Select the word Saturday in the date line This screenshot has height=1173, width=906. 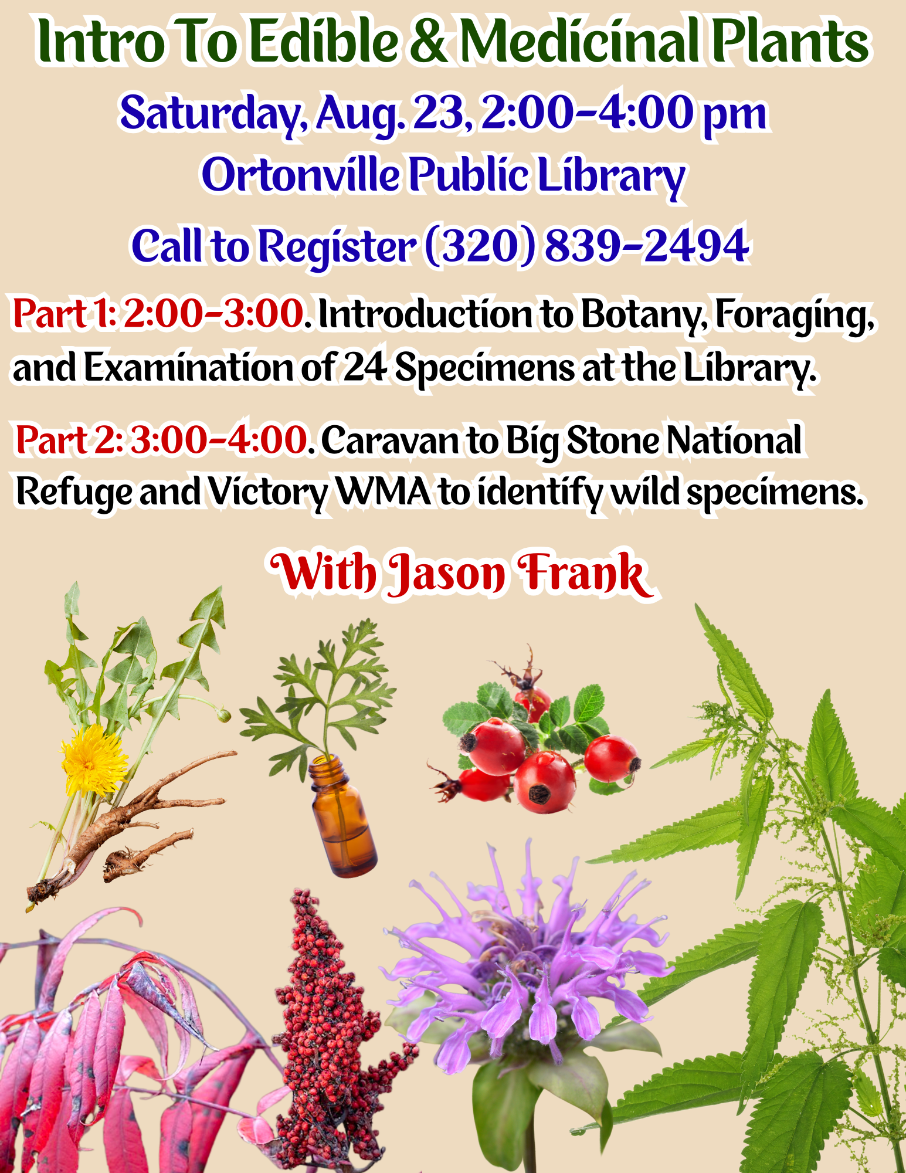click(210, 113)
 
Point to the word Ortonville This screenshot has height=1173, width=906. click(301, 175)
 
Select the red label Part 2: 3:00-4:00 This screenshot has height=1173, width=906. click(161, 440)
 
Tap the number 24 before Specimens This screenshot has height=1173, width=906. click(365, 368)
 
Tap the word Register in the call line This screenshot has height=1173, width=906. click(338, 246)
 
